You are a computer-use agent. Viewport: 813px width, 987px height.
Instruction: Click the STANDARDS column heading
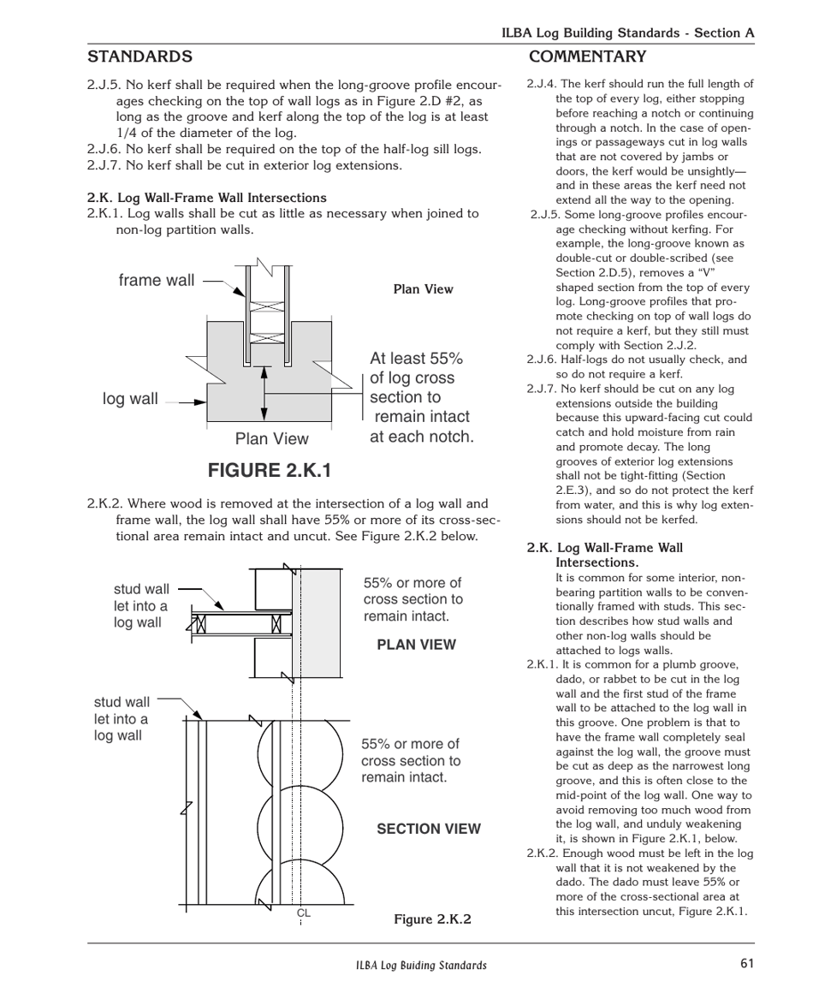point(139,57)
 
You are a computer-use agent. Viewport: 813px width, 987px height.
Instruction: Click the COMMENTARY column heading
point(587,57)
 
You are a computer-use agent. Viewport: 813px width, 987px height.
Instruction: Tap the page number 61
point(747,963)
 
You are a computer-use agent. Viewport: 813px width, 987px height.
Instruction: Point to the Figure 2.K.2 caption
point(432,919)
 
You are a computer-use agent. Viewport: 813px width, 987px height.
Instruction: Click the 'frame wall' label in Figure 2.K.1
point(157,281)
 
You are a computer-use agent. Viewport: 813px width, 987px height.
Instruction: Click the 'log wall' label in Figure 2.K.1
point(130,399)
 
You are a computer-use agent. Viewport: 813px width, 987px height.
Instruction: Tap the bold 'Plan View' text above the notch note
point(423,289)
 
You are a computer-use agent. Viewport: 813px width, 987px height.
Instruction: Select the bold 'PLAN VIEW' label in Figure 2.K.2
point(416,645)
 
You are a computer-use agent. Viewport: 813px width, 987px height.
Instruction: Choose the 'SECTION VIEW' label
point(429,829)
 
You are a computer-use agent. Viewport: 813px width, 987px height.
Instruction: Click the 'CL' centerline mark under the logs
point(303,913)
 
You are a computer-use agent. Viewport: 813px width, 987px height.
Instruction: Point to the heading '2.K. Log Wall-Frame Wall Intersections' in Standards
point(206,198)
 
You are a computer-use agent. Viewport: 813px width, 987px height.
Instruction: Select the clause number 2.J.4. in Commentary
point(542,84)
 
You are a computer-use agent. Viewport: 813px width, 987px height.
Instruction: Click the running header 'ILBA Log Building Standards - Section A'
point(627,33)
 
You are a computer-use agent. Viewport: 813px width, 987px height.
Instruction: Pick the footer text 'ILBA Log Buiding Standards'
point(421,965)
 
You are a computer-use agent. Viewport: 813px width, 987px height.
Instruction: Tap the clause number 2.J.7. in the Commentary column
point(542,389)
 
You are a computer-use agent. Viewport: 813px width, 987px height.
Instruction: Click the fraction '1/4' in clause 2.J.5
point(128,133)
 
